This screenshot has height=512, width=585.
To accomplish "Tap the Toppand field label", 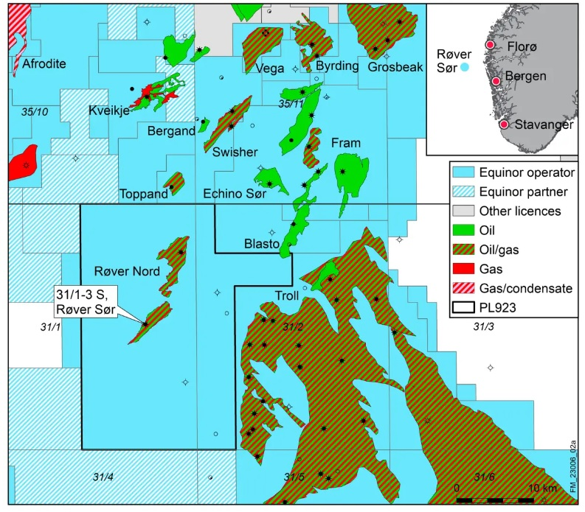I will [143, 194].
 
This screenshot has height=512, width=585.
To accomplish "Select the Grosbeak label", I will [395, 66].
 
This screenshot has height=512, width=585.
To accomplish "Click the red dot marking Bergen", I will [496, 80].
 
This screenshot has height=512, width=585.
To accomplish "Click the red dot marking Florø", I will [489, 46].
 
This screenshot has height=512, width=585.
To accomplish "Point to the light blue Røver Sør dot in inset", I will [465, 68].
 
